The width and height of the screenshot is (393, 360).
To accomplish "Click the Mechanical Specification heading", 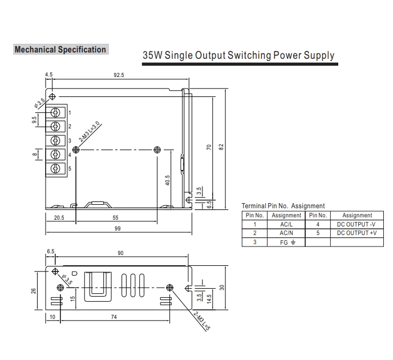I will pyautogui.click(x=60, y=50).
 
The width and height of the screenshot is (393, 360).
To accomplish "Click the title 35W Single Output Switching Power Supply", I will pyautogui.click(x=238, y=55).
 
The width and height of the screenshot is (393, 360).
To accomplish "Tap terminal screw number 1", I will pyautogui.click(x=56, y=112).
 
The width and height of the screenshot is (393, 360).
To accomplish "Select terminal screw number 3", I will pyautogui.click(x=56, y=140).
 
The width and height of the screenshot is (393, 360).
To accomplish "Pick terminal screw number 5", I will pyautogui.click(x=56, y=168).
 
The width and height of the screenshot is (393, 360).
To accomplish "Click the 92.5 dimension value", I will pyautogui.click(x=119, y=75).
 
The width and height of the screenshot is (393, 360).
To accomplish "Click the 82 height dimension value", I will pyautogui.click(x=221, y=147).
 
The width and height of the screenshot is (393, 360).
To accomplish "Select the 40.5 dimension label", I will pyautogui.click(x=167, y=180).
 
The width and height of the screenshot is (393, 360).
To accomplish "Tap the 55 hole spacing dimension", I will pyautogui.click(x=115, y=218).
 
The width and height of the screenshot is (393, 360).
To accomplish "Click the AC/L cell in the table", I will pyautogui.click(x=286, y=224).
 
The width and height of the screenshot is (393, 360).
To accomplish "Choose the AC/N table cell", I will pyautogui.click(x=286, y=233).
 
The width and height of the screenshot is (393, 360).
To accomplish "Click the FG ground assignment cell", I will pyautogui.click(x=286, y=242).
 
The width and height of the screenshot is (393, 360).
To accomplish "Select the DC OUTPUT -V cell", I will pyautogui.click(x=357, y=224).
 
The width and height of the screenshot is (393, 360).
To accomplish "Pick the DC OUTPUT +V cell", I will pyautogui.click(x=357, y=233).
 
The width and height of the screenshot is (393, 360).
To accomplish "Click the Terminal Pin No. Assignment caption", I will pyautogui.click(x=283, y=206).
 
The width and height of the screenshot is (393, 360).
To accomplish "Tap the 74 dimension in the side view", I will pyautogui.click(x=114, y=317).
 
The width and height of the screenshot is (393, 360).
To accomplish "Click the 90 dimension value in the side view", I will pyautogui.click(x=120, y=253).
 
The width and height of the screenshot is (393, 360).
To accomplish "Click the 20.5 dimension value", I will pyautogui.click(x=59, y=218).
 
